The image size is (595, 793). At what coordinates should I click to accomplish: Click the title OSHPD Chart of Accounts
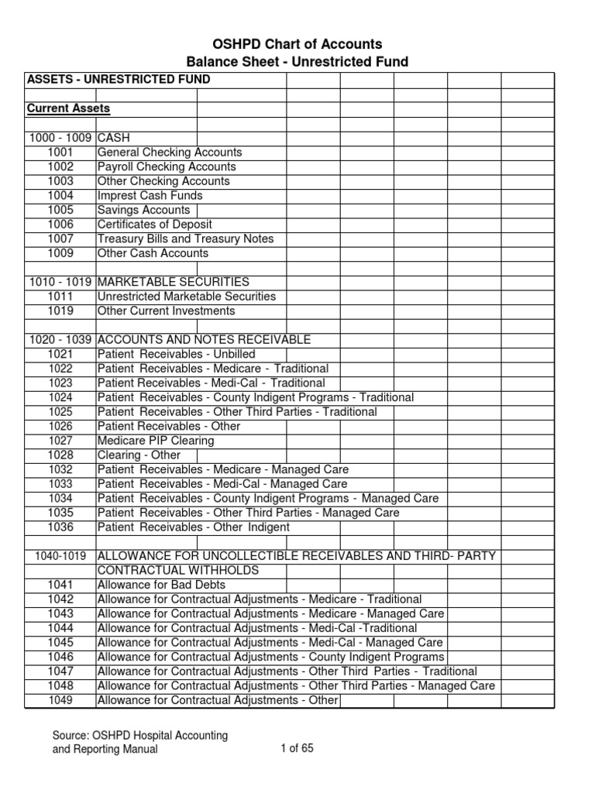pos(297,44)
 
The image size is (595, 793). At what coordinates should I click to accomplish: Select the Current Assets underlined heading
pos(68,108)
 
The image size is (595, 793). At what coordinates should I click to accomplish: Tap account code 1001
pos(60,153)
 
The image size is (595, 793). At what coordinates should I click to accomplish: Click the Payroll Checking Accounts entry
pos(167,166)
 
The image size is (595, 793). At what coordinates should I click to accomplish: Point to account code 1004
pos(60,196)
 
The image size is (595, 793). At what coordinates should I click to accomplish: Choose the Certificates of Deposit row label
pos(154,225)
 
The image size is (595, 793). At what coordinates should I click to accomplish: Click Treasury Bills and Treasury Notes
pos(185,239)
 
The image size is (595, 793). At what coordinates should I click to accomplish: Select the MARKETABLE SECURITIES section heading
pos(174,282)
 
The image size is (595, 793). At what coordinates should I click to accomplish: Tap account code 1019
pos(60,311)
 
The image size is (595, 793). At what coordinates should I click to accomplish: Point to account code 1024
pos(60,397)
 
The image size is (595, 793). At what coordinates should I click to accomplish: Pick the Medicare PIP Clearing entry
pos(156,441)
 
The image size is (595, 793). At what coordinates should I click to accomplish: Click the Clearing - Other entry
pos(139,455)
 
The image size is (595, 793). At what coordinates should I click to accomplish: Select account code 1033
pos(60,484)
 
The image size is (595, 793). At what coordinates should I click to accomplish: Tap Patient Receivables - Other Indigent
pos(194,527)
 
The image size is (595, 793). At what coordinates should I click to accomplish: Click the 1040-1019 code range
pos(60,556)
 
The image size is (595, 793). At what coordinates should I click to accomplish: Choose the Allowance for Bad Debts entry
pos(150,585)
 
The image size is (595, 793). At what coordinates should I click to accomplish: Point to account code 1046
pos(60,657)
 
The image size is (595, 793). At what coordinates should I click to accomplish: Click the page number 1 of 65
pos(297,748)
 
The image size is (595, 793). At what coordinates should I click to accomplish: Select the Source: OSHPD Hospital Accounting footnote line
pos(139,735)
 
